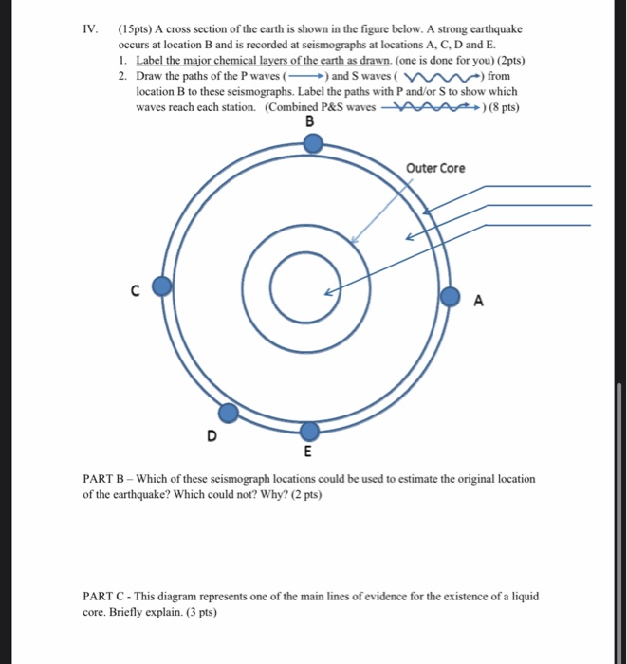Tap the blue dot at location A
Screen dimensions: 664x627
point(450,294)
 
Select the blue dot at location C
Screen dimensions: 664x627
point(162,286)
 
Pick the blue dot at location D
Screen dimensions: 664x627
point(229,413)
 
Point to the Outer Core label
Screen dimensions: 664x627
point(435,168)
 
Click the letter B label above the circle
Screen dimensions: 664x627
point(309,121)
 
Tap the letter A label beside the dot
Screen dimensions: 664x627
point(478,302)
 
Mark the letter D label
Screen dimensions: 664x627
point(211,435)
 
